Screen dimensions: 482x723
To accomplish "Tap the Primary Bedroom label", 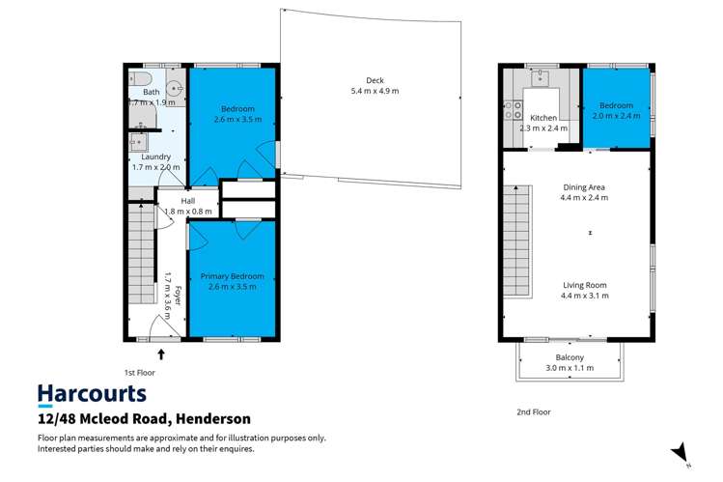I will click(232, 276).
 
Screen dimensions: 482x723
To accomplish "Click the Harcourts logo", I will click(92, 393).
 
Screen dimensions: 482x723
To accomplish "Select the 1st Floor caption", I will click(139, 372).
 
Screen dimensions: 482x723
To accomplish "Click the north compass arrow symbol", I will click(681, 452).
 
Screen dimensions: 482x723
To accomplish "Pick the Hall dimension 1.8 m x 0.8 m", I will click(187, 211).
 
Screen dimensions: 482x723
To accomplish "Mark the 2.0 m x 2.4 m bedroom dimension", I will click(615, 116).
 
